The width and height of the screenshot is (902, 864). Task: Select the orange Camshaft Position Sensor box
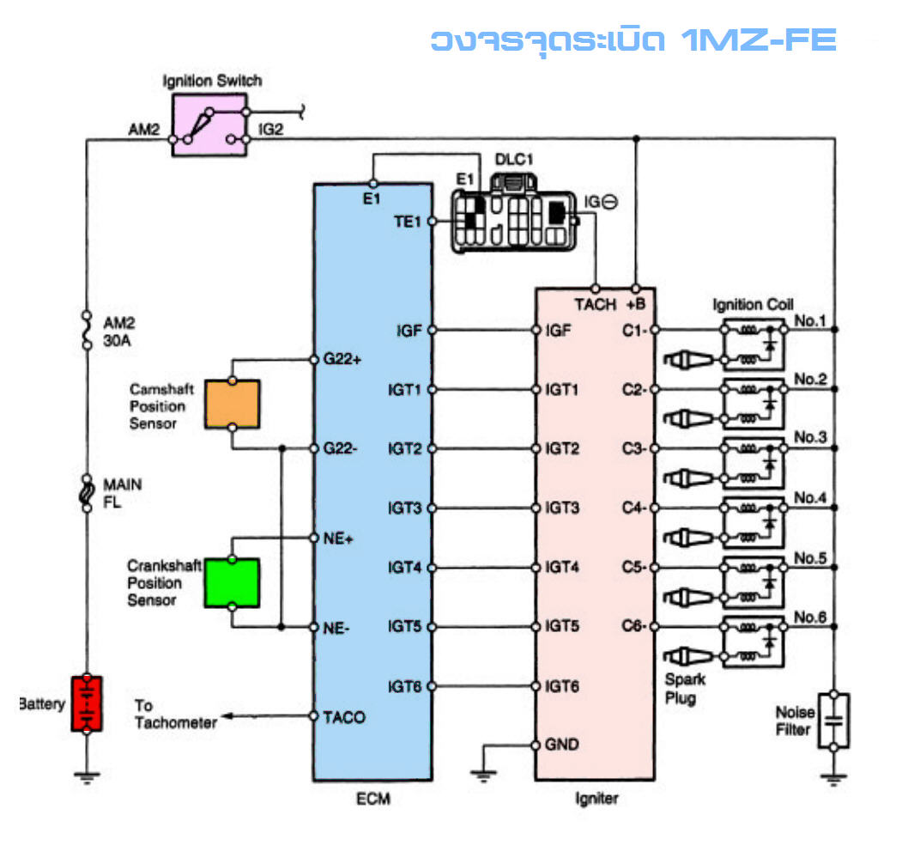pyautogui.click(x=232, y=404)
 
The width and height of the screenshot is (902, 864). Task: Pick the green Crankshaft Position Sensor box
pyautogui.click(x=232, y=582)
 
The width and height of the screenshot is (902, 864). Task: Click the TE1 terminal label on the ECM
pyautogui.click(x=406, y=222)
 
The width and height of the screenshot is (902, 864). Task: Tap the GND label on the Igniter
pyautogui.click(x=561, y=745)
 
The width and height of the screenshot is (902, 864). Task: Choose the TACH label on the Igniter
pyautogui.click(x=595, y=304)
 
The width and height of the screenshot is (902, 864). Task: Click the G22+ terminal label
pyautogui.click(x=342, y=359)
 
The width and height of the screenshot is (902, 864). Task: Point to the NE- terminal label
pyautogui.click(x=336, y=627)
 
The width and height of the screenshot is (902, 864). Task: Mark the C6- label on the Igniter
pyautogui.click(x=633, y=626)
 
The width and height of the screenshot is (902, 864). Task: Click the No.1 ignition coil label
pyautogui.click(x=809, y=321)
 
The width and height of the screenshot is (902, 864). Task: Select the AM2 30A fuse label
pyautogui.click(x=118, y=332)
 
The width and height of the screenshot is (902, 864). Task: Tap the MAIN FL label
pyautogui.click(x=122, y=493)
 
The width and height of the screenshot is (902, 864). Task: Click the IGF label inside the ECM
pyautogui.click(x=409, y=330)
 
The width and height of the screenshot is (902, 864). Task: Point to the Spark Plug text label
pyautogui.click(x=685, y=688)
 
